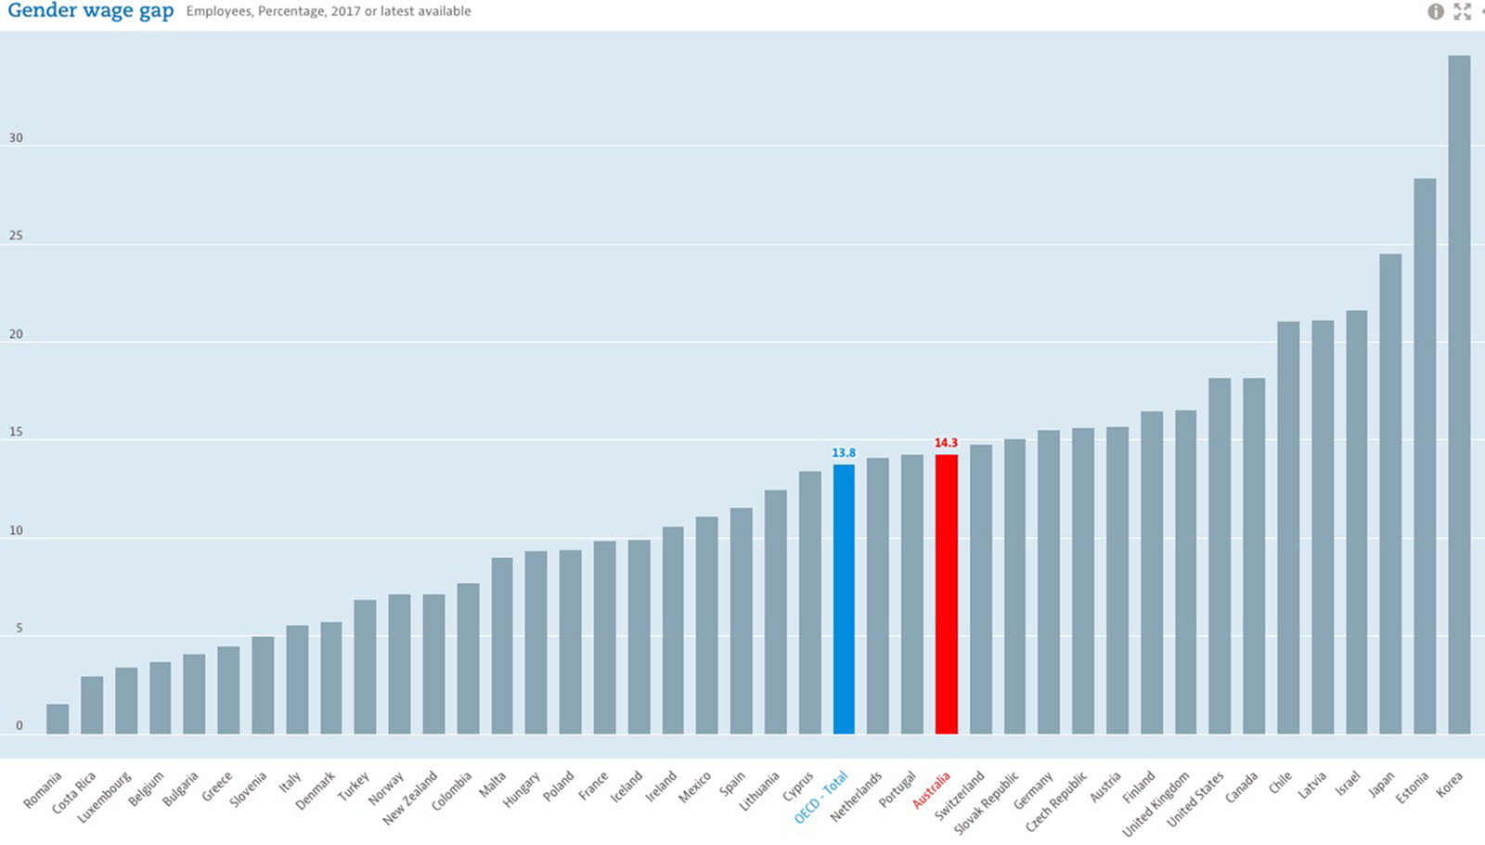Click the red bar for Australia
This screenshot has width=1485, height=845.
coord(946,594)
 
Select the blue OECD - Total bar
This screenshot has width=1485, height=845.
coord(844,599)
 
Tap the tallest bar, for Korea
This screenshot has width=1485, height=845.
coord(1459,395)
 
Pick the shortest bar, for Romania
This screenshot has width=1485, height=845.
coord(58,719)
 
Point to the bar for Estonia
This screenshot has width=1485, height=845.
coord(1425,456)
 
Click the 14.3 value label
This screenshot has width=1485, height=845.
coord(946,443)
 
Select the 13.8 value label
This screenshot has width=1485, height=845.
coord(844,453)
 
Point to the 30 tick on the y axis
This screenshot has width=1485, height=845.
coord(16,138)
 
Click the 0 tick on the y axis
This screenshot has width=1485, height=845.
coord(19,726)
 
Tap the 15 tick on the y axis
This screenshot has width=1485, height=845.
coord(16,433)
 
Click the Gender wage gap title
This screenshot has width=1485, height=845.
coord(90,11)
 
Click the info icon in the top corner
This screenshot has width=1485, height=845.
coord(1436,11)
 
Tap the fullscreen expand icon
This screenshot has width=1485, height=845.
coord(1463,11)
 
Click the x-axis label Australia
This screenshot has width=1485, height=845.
coord(932,789)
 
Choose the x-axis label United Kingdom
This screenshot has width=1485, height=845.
coord(1156,803)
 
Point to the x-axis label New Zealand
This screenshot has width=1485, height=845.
coord(410,798)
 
